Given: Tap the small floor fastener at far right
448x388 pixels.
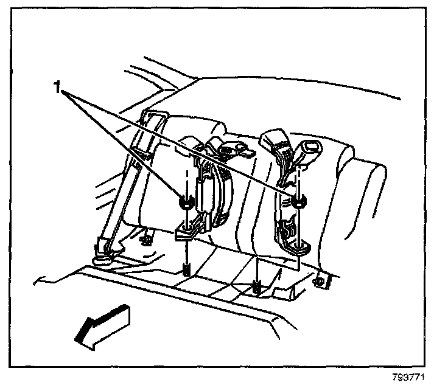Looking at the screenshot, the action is pos(320,282).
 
